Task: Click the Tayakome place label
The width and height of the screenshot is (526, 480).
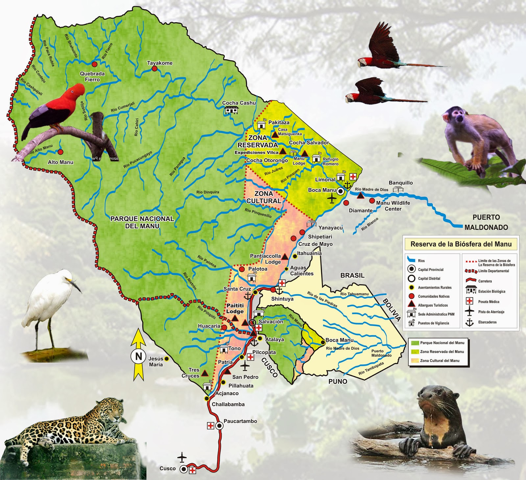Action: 160,63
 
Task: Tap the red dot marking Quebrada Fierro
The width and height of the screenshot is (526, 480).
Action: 94,64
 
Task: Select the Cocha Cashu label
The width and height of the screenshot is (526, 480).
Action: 239,103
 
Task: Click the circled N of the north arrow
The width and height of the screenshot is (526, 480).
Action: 138,356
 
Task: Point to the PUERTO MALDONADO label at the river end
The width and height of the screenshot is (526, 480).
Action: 486,222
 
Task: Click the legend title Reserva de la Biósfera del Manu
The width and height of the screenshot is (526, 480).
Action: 461,244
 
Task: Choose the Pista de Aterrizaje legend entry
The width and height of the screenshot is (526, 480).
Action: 491,312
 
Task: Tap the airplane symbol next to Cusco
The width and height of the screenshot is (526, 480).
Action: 182,457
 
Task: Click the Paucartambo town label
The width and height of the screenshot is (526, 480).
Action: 240,421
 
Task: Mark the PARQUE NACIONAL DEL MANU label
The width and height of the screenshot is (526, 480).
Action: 142,222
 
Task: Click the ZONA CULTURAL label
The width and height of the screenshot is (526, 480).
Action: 264,197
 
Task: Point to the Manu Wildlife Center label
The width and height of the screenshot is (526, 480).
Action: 393,206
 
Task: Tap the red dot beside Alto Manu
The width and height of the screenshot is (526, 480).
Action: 60,152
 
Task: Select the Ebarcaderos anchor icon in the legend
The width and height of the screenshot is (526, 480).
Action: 469,322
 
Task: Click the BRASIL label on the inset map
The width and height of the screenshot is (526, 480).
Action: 352,275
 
